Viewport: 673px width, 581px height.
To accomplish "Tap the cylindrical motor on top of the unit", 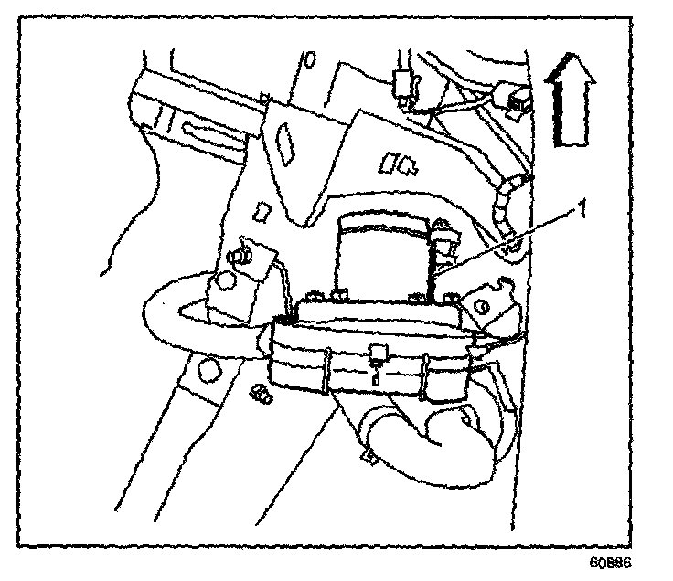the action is [x=383, y=251].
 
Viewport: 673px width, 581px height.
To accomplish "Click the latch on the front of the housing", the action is [x=378, y=357].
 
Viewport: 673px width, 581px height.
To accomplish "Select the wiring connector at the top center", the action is [x=401, y=87].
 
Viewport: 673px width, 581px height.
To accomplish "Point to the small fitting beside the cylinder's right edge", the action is [x=445, y=239].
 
